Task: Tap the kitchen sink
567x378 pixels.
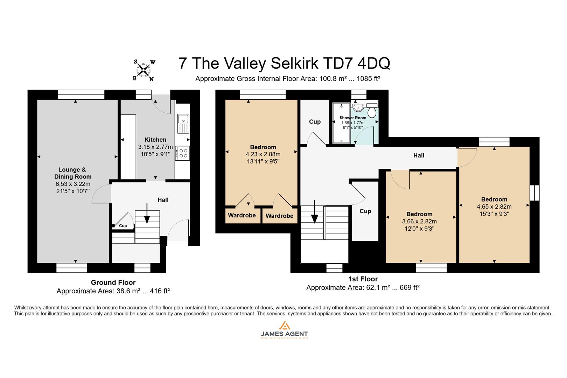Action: [x=183, y=123]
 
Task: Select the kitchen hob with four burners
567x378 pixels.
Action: [x=183, y=153]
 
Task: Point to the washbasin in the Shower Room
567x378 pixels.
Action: [x=358, y=106]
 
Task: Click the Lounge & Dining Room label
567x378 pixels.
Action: [x=72, y=173]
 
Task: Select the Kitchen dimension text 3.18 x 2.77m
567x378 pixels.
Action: [x=155, y=147]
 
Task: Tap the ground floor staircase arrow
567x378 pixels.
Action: [x=147, y=213]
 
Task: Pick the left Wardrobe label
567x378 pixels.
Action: [x=242, y=215]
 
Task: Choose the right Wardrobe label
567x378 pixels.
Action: [x=279, y=216]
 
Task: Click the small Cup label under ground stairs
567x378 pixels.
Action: [x=123, y=226]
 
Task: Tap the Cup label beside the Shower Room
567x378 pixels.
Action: [x=315, y=122]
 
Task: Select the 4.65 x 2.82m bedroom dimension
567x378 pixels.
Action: [x=494, y=206]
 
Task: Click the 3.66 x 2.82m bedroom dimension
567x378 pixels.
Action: [x=419, y=221]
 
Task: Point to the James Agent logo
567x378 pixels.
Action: [x=284, y=330]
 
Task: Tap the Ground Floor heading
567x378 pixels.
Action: [x=113, y=282]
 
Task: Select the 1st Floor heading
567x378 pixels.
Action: [x=363, y=279]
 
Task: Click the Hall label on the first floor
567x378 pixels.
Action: [x=419, y=155]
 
